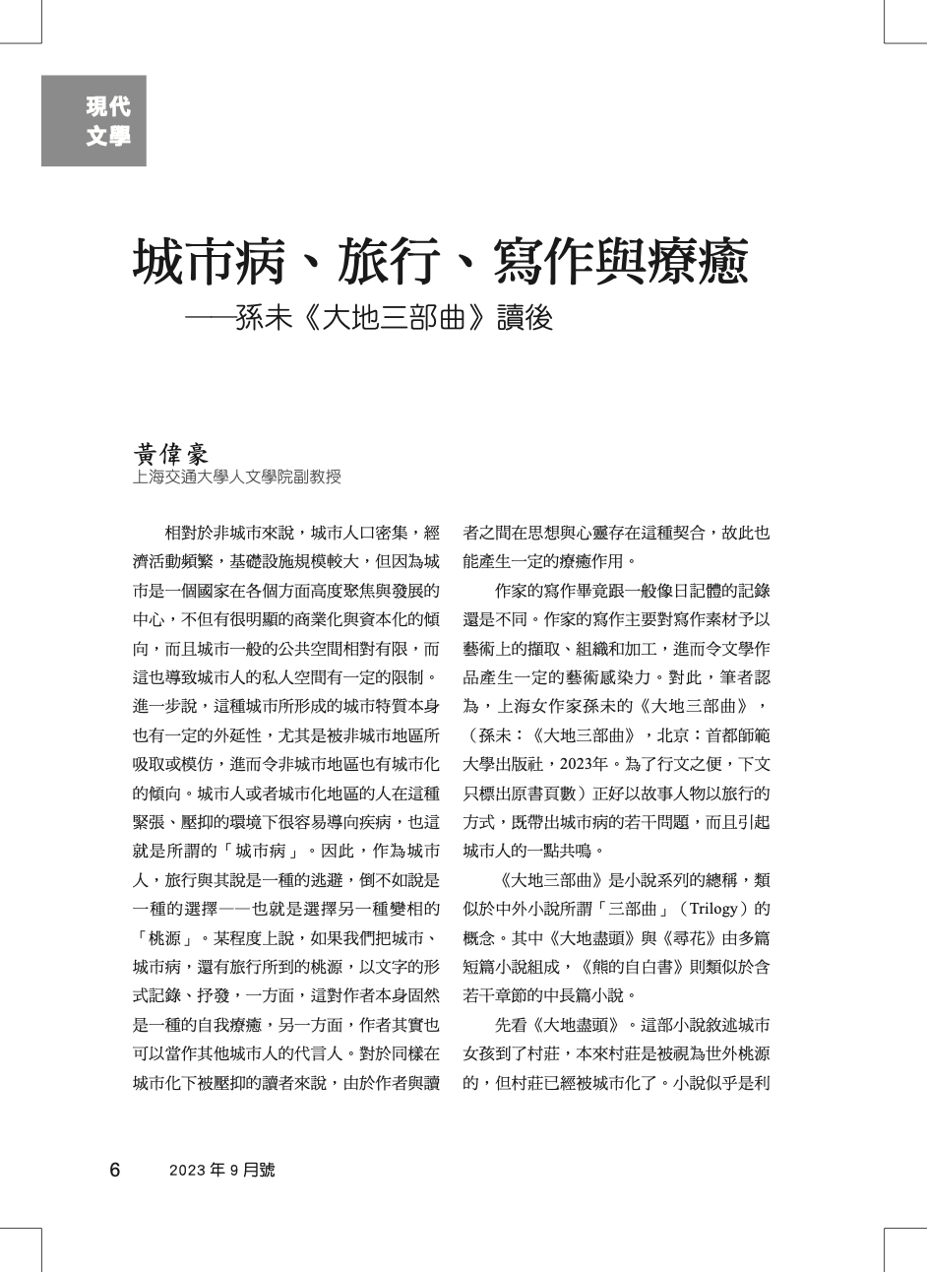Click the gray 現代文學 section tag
[93, 121]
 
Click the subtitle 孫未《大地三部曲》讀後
[394, 319]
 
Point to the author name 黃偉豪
[171, 454]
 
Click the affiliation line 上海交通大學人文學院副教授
[237, 477]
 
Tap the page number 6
[115, 1170]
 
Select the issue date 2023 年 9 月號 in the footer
[221, 1170]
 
